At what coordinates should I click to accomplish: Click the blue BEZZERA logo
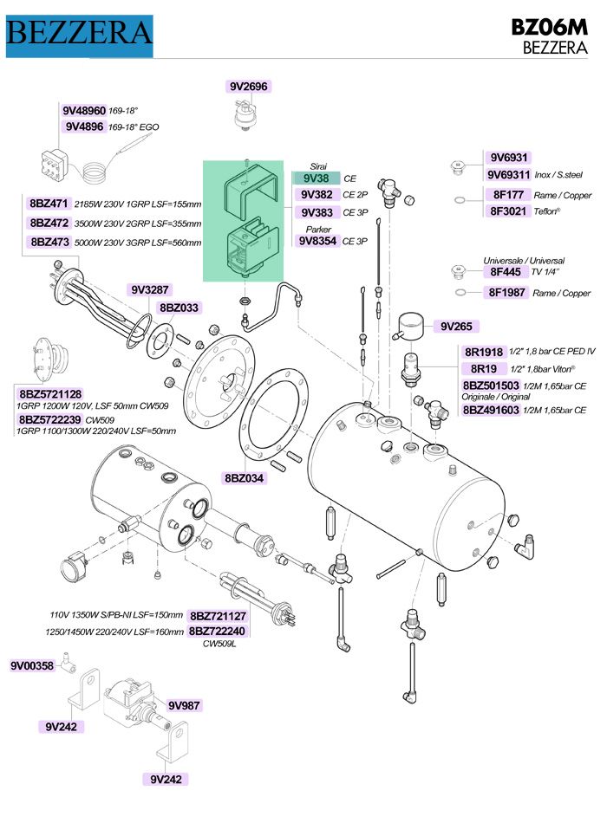(x=79, y=34)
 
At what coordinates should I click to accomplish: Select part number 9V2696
(x=249, y=87)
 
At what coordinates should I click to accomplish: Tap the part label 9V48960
(x=84, y=112)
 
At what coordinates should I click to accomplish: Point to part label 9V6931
(x=508, y=158)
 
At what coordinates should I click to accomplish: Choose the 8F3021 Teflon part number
(x=508, y=211)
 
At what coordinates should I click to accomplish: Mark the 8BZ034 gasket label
(x=245, y=477)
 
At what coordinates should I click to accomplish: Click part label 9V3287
(x=148, y=289)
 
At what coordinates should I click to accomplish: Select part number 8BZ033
(x=179, y=308)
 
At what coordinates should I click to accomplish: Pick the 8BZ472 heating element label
(x=49, y=223)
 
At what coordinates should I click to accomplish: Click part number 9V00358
(x=32, y=666)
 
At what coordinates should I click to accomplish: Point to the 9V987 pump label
(x=184, y=705)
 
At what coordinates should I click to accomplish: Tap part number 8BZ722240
(x=218, y=632)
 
